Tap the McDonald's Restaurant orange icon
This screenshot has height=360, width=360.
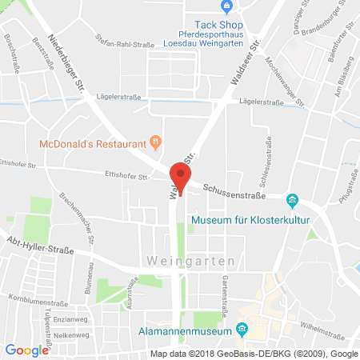pos(157,144)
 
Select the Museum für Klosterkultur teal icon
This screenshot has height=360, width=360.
pos(293,199)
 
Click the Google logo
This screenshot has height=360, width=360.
pos(26,350)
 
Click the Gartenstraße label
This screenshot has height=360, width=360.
pos(229,294)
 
